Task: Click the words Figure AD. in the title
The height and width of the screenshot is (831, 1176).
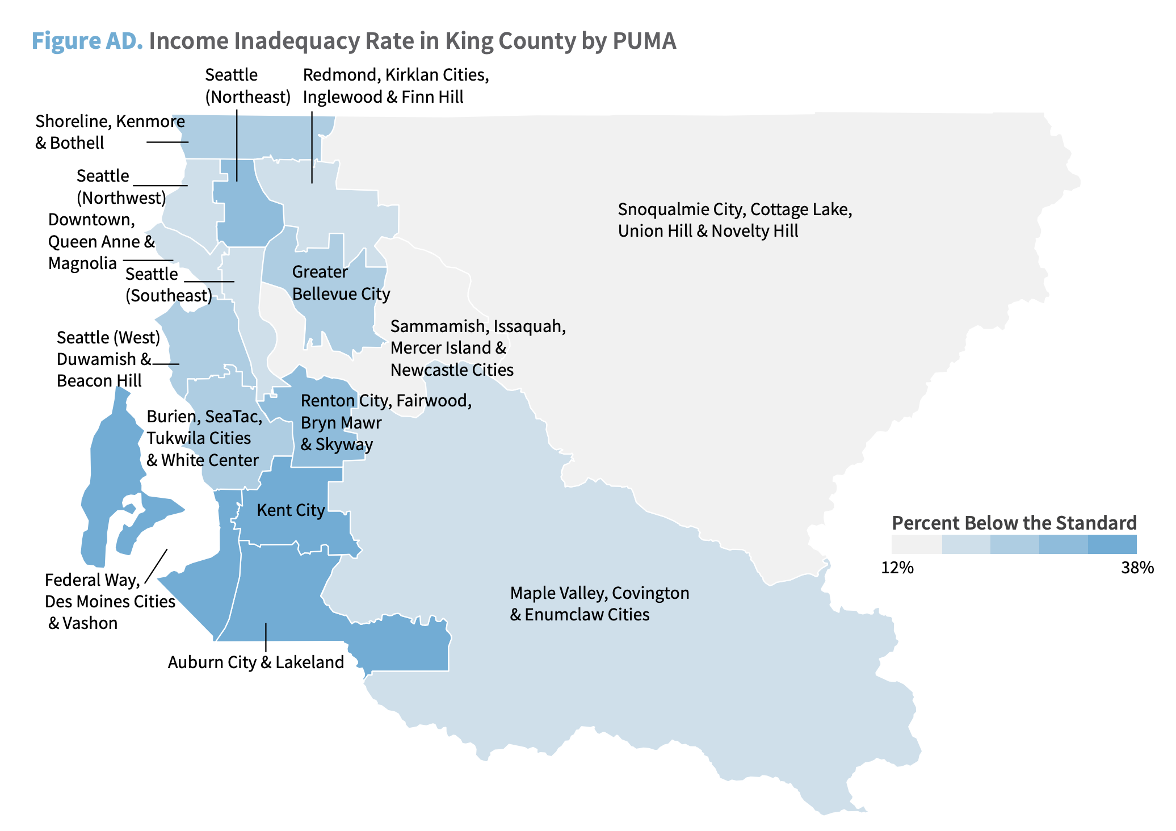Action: [87, 41]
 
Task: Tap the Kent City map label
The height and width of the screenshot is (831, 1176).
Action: [291, 510]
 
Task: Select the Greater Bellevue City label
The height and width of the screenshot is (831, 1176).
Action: [341, 283]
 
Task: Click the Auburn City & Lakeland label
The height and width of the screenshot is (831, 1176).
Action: [256, 662]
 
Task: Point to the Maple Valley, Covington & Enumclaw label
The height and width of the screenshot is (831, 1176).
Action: [599, 604]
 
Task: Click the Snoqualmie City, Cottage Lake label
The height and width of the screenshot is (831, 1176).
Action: [734, 220]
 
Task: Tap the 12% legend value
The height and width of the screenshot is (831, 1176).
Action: [897, 568]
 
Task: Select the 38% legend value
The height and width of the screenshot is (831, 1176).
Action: [1137, 568]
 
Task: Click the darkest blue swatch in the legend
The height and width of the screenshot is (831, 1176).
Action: [1112, 544]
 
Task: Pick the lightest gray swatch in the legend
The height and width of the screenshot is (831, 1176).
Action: [917, 544]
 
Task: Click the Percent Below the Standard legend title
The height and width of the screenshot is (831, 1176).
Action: [1014, 523]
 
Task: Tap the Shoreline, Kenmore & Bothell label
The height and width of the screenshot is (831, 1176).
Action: [110, 132]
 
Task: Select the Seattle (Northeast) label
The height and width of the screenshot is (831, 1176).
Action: [247, 86]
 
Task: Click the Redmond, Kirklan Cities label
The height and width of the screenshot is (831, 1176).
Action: [396, 86]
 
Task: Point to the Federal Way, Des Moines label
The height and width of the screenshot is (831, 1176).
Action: [110, 602]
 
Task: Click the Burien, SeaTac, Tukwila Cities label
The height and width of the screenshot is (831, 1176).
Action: [204, 438]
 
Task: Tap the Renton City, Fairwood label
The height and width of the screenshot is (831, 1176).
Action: [386, 422]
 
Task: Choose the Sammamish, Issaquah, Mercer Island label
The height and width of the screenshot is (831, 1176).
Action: [478, 348]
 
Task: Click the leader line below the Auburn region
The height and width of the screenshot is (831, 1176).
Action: [266, 637]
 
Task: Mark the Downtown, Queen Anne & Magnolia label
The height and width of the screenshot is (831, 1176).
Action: [101, 241]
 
